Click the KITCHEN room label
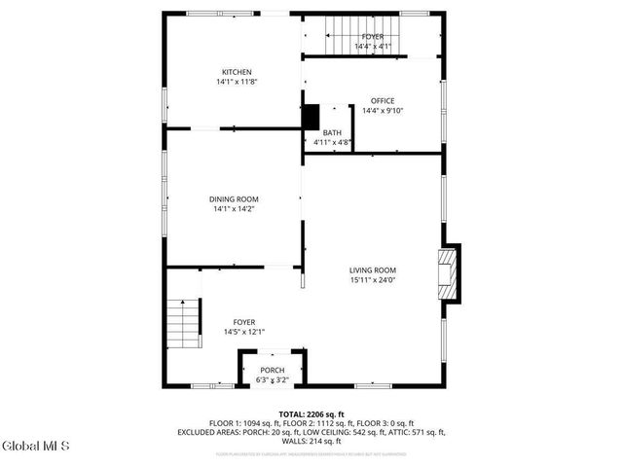click(x=237, y=72)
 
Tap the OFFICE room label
click(x=382, y=100)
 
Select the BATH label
click(x=332, y=132)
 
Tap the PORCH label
click(x=272, y=371)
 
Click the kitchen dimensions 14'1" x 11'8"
click(x=237, y=83)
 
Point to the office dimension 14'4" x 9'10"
click(x=382, y=111)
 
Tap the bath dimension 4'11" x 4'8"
click(x=332, y=143)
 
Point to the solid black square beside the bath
click(x=311, y=116)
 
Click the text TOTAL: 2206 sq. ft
click(x=311, y=413)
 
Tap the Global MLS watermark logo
click(x=36, y=447)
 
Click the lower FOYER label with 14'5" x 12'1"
click(x=243, y=327)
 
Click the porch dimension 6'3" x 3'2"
click(x=272, y=381)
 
